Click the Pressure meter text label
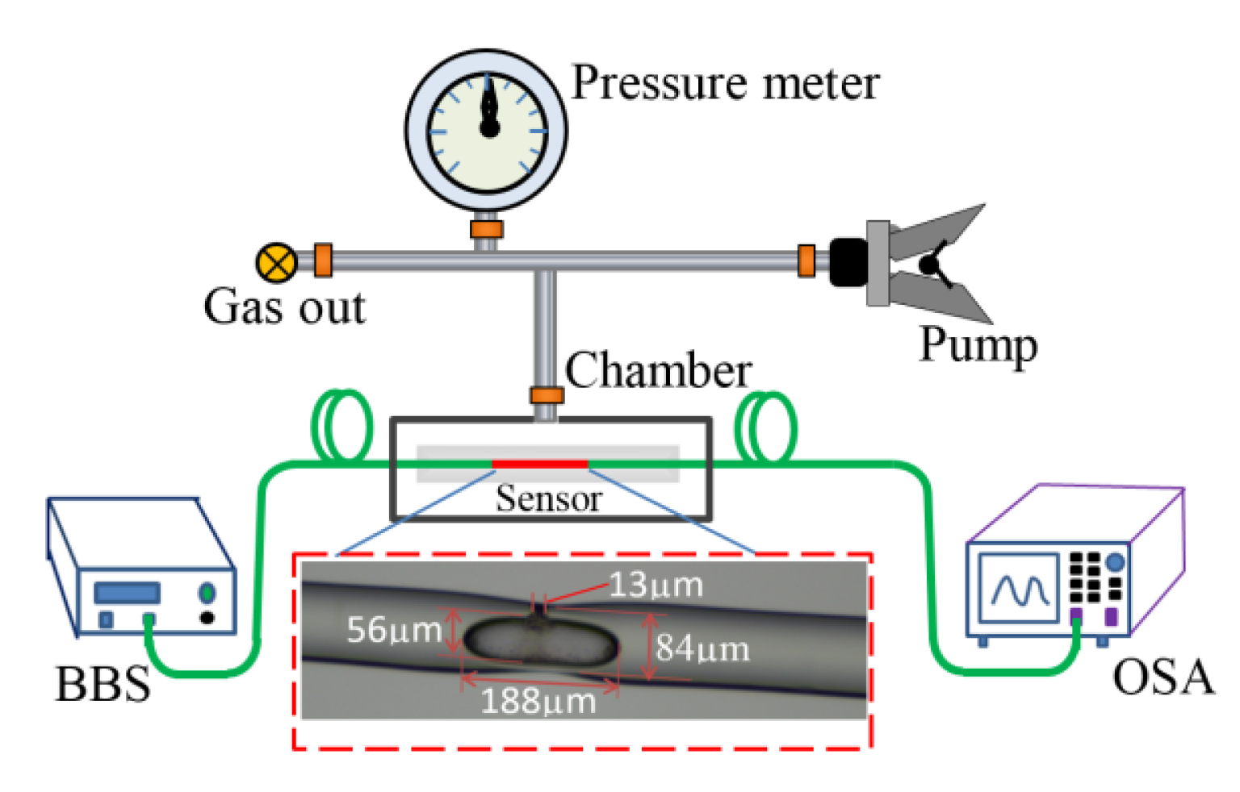[x=724, y=83]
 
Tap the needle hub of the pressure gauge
[x=489, y=128]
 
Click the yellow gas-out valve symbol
[x=276, y=263]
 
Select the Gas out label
[x=284, y=307]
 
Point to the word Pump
[x=978, y=345]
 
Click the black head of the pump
[x=847, y=262]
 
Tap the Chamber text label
[x=658, y=371]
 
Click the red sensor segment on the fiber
[x=539, y=464]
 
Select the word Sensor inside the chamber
[x=548, y=498]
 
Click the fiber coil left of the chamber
[x=342, y=425]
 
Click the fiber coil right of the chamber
[x=766, y=427]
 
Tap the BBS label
[x=103, y=684]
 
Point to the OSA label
[x=1162, y=677]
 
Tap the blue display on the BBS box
[x=127, y=593]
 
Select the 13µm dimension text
[x=655, y=585]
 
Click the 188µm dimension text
[x=538, y=701]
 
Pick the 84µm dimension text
[x=702, y=648]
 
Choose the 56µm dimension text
[x=394, y=630]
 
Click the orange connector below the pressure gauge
[x=486, y=229]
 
